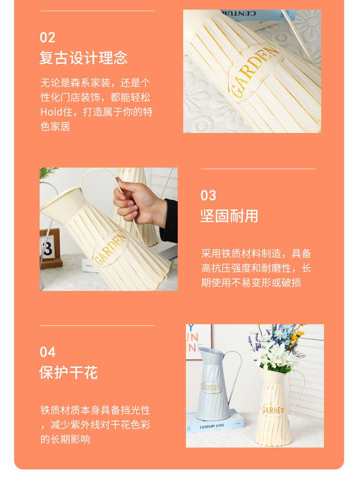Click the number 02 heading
[47, 38]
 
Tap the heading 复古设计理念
[83, 58]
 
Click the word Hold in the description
[51, 112]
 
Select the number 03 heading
[208, 195]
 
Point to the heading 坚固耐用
[229, 216]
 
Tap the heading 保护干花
[68, 373]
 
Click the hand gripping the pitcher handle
[139, 202]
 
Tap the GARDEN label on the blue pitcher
[211, 387]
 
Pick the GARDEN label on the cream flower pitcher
[273, 410]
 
